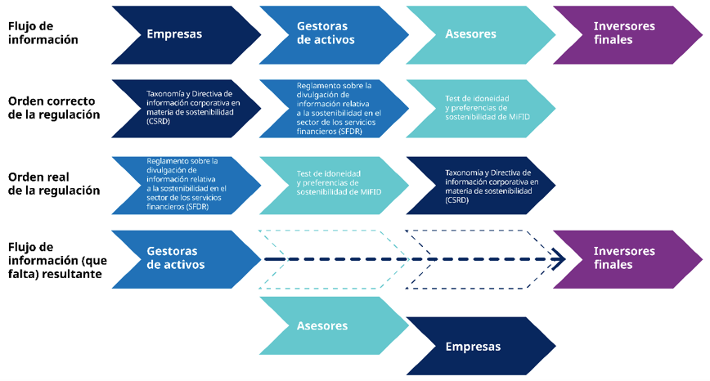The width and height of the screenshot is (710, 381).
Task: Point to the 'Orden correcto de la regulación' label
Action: [x=54, y=108]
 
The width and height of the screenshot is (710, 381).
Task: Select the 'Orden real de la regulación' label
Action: [x=54, y=184]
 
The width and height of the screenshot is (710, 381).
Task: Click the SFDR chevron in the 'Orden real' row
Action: [x=185, y=184]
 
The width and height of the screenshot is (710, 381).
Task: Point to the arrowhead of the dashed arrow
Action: [x=559, y=260]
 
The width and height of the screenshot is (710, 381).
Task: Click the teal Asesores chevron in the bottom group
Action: [x=327, y=325]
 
